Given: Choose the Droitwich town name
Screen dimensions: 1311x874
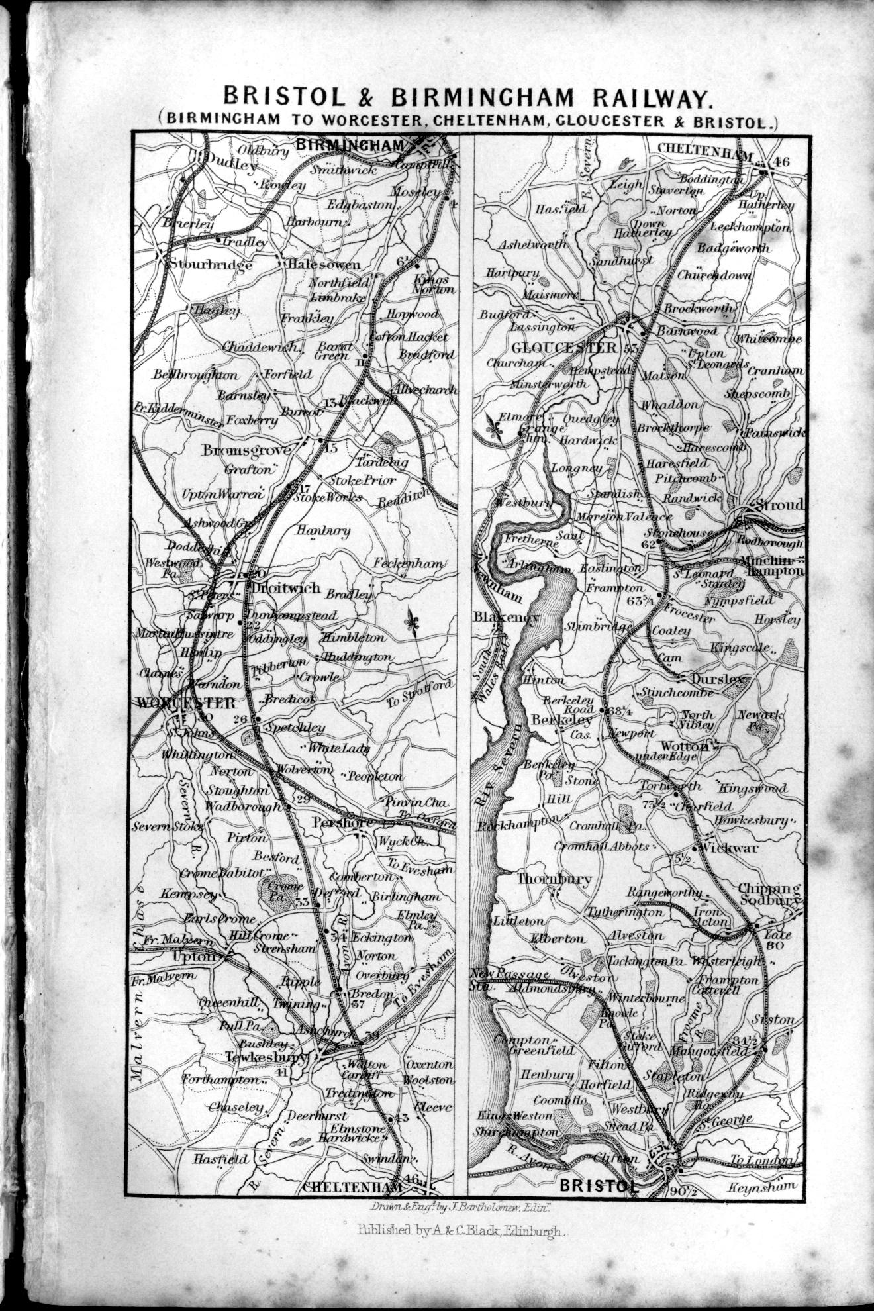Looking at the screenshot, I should point(285,587).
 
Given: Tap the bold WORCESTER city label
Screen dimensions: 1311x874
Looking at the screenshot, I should point(187,703).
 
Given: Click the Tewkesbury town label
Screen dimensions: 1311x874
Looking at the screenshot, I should point(267,1057).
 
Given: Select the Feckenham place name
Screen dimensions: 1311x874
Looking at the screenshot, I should point(408,563).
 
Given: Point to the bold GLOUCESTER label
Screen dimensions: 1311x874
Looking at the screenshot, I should point(563,348).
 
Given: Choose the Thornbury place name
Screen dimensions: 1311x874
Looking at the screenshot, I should point(554,879).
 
